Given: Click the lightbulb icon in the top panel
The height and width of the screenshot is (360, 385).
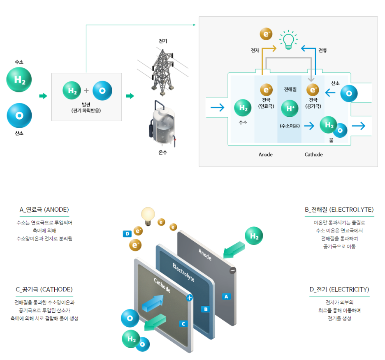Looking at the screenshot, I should (288, 39).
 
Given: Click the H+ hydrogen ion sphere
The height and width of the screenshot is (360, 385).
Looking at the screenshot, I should (290, 108).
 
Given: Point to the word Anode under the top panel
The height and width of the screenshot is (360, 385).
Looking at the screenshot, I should (265, 155).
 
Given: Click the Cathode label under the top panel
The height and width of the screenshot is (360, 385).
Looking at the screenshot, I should (313, 155).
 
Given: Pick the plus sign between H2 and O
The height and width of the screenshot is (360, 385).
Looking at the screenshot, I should (86, 91).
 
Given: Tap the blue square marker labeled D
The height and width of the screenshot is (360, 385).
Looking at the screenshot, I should (127, 234).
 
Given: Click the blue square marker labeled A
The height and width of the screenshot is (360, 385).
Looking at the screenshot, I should (226, 296).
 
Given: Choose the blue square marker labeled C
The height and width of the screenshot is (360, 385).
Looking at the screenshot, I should (184, 324).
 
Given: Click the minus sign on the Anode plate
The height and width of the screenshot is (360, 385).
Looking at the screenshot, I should (232, 270).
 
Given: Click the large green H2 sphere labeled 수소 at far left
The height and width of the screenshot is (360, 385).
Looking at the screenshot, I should (19, 80).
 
